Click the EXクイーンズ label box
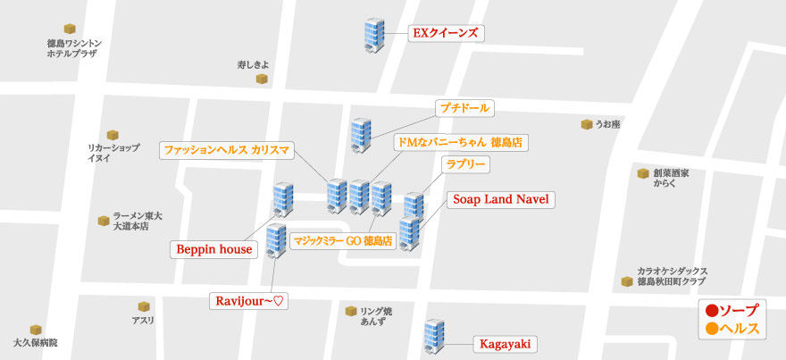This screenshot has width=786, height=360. click(x=445, y=34)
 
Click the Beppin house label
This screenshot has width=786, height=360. click(x=213, y=249)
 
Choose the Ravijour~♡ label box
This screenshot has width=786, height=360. click(x=250, y=301)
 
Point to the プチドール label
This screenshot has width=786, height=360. click(x=464, y=108)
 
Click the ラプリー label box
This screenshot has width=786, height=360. click(x=466, y=164)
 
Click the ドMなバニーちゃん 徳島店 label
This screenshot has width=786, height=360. click(x=460, y=142)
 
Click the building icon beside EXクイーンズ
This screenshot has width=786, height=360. click(x=372, y=35)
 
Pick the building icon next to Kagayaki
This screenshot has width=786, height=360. click(x=434, y=337)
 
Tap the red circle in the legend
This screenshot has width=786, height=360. click(x=712, y=311)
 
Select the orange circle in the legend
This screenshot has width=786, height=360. click(x=712, y=329)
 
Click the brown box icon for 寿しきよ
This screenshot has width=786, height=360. click(x=262, y=80)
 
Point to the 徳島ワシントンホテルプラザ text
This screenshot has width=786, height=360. click(x=74, y=48)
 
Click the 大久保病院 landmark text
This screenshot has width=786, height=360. click(x=36, y=343)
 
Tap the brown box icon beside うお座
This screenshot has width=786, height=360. click(x=586, y=124)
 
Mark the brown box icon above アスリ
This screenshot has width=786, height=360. click(x=143, y=306)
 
